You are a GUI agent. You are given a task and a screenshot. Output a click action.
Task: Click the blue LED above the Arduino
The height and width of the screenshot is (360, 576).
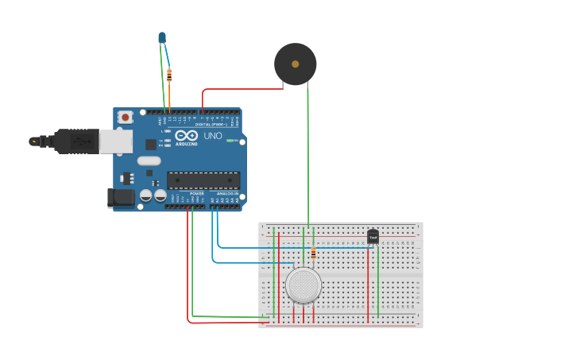coord(162,37)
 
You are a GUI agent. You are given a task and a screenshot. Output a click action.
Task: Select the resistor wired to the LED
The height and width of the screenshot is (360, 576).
coord(169,75)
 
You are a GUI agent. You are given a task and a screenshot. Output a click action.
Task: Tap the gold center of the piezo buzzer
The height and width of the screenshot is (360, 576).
coord(296,64)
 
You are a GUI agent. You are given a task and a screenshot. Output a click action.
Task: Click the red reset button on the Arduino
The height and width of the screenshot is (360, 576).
coord(126,117)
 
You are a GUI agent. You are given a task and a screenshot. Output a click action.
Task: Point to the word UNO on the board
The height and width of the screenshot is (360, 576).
coord(213,136)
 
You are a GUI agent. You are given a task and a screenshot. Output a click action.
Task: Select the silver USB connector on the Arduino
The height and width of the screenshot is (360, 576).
coord(115,141)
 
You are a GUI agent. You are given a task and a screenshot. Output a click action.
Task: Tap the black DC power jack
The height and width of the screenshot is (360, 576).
coord(121,197)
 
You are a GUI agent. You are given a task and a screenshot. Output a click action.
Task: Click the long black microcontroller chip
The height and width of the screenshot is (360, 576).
coord(203,180)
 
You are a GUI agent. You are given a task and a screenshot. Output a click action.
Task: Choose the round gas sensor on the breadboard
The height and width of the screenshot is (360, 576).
coord(303,285)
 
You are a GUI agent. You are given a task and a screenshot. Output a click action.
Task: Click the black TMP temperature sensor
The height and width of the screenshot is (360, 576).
coord(373,237)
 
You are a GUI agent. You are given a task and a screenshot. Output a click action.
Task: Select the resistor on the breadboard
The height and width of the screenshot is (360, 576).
coord(313,254)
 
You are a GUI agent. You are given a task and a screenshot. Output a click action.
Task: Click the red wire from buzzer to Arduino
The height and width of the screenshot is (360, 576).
coord(238,89)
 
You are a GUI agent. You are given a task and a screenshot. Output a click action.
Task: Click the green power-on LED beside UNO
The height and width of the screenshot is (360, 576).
coord(230,141)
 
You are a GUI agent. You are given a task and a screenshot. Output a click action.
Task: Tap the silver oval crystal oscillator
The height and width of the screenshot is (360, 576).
coord(149,161)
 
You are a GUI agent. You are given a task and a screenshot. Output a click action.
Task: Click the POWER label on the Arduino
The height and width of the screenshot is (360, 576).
coord(197,193)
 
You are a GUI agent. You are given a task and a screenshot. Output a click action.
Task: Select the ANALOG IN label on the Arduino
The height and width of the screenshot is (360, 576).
coord(227,193)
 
